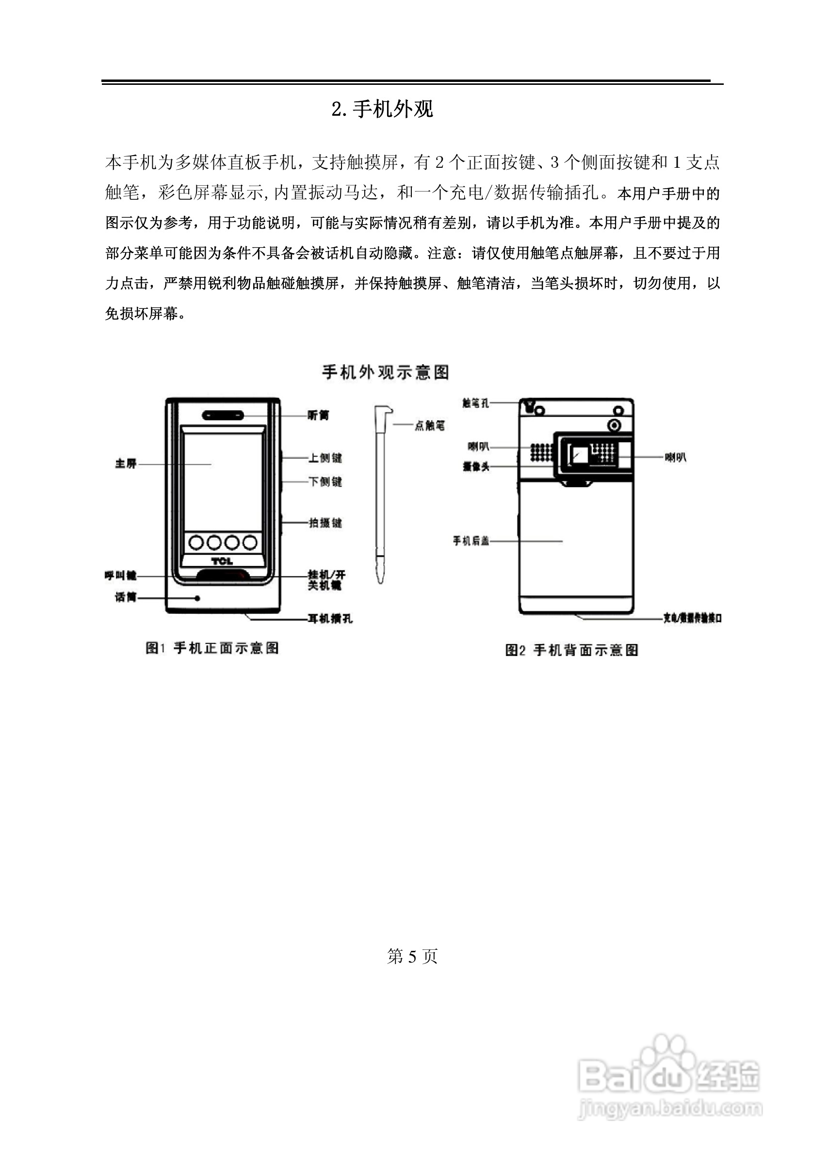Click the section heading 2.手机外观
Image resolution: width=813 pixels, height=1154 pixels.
(382, 109)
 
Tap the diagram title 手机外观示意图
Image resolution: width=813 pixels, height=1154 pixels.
(385, 372)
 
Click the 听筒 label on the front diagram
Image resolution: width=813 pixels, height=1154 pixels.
(318, 416)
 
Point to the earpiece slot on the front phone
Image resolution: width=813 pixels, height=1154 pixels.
(223, 415)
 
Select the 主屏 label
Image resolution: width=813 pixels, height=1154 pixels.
(126, 464)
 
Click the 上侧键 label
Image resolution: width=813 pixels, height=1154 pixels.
(325, 458)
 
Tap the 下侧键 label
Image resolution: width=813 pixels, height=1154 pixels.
(325, 481)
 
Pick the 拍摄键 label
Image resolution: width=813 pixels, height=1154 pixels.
(325, 523)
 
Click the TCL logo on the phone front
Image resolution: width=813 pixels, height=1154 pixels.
(222, 561)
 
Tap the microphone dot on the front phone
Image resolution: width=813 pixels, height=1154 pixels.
(197, 598)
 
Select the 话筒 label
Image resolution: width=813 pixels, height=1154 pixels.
(126, 597)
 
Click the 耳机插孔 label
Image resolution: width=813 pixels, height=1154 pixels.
(330, 618)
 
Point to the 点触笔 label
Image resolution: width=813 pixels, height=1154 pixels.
(429, 426)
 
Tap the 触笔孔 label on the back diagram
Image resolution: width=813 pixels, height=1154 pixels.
(475, 402)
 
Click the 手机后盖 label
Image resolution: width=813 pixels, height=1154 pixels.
(471, 541)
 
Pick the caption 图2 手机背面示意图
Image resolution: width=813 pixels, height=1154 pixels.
(571, 650)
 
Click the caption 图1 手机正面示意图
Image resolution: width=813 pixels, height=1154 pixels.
(212, 648)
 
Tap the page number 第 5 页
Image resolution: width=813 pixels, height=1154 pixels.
(412, 956)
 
